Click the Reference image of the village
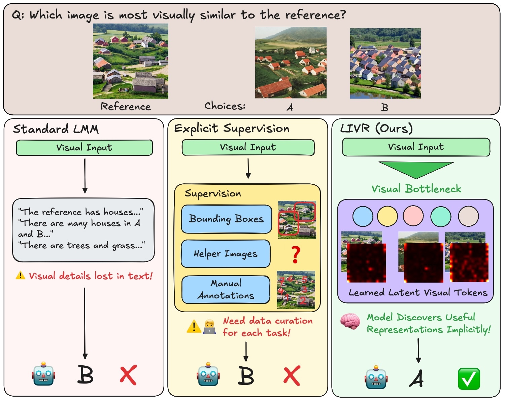tap(130, 61)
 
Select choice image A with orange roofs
tap(291, 63)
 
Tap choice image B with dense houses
tap(385, 63)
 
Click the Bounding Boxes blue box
tap(226, 219)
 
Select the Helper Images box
tap(226, 254)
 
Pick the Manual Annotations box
tap(226, 289)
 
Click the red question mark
tap(295, 255)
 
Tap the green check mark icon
tap(469, 378)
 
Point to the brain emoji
tap(350, 321)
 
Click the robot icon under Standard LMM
tap(43, 374)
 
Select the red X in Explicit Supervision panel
tap(292, 376)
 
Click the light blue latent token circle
tap(363, 216)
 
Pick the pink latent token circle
tap(413, 216)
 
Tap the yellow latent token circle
tap(388, 216)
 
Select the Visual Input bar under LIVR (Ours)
tap(416, 147)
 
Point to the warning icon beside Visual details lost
tap(20, 276)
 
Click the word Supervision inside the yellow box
tap(213, 193)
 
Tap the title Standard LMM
tap(56, 129)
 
